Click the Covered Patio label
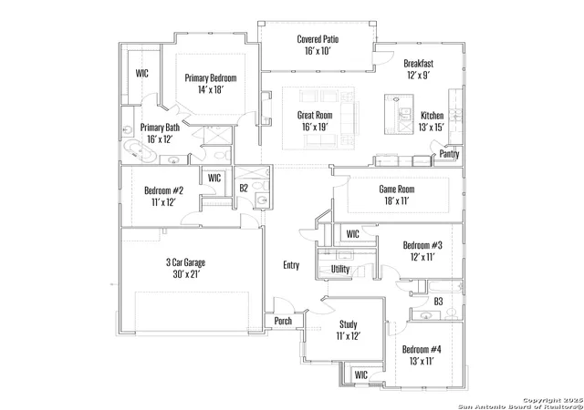click(x=318, y=39)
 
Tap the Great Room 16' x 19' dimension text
click(x=315, y=128)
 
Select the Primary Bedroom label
click(x=211, y=77)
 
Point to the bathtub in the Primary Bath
click(x=139, y=151)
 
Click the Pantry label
click(x=449, y=154)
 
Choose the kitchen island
click(x=399, y=114)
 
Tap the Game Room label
click(x=397, y=189)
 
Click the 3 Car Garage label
click(x=185, y=262)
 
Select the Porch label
click(x=283, y=321)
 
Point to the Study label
click(x=349, y=324)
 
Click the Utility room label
click(x=340, y=269)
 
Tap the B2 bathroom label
click(x=244, y=188)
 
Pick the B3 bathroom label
click(x=438, y=301)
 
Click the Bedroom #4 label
click(x=422, y=349)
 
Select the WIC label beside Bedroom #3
click(x=353, y=234)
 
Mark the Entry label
click(x=291, y=265)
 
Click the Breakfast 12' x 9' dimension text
click(x=419, y=75)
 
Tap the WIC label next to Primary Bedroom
click(x=142, y=73)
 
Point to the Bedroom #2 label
click(x=164, y=190)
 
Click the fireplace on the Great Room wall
click(x=266, y=108)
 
